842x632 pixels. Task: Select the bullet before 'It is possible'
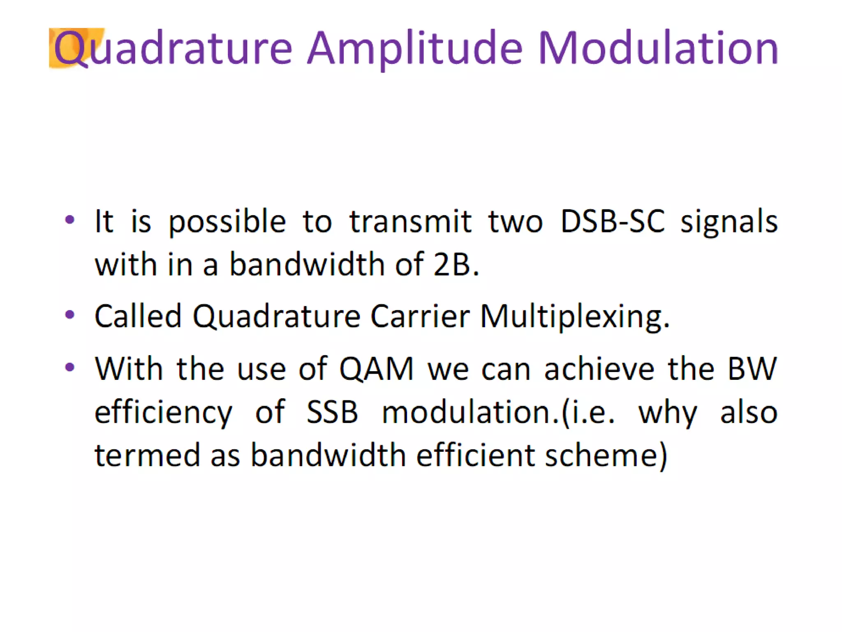70,220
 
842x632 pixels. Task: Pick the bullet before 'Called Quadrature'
70,315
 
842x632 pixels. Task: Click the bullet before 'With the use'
70,367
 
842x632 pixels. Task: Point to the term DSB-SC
612,221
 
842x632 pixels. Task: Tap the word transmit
410,221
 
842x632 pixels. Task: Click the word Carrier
420,316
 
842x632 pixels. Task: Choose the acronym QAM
376,369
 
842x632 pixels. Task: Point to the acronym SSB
332,412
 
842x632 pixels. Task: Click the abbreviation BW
752,369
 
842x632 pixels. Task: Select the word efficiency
164,413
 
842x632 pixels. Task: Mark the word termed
147,455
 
